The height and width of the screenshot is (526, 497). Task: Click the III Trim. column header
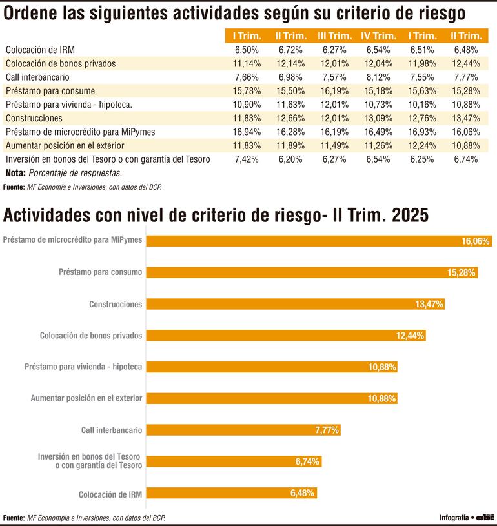pyautogui.click(x=334, y=35)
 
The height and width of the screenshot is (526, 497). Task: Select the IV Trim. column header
pyautogui.click(x=378, y=35)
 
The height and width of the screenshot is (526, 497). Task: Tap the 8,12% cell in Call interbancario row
pyautogui.click(x=378, y=77)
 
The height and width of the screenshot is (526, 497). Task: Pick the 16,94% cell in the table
pyautogui.click(x=247, y=132)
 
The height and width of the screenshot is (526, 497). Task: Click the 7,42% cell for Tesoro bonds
pyautogui.click(x=247, y=159)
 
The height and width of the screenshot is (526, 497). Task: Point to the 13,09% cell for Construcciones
pyautogui.click(x=378, y=118)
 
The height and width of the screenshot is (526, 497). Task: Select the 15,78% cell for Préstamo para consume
pyautogui.click(x=247, y=90)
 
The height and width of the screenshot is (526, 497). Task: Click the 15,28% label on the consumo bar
pyautogui.click(x=462, y=272)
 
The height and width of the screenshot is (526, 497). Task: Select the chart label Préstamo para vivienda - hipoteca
pyautogui.click(x=83, y=367)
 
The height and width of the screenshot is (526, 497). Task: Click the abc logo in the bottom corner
pyautogui.click(x=485, y=517)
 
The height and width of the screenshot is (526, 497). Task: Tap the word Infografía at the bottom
pyautogui.click(x=454, y=518)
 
